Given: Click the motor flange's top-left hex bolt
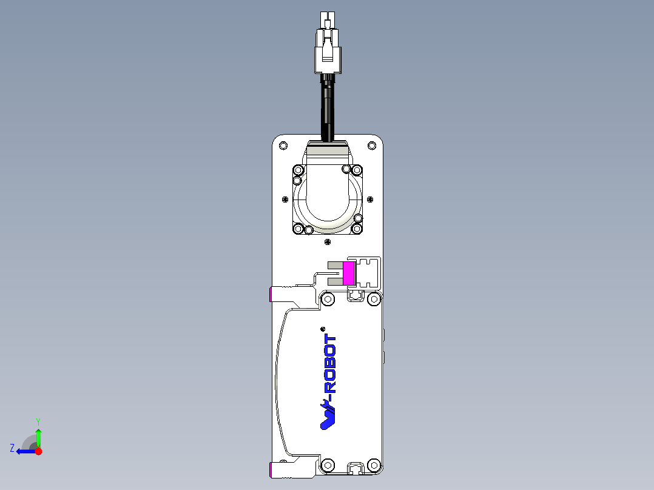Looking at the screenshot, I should point(298,170).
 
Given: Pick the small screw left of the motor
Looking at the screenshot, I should point(285,198).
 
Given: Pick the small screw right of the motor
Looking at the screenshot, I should point(370,198).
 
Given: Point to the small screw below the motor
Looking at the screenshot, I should point(328,242).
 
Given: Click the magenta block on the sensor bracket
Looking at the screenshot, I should point(349,273).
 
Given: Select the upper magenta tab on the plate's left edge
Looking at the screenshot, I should point(271,295).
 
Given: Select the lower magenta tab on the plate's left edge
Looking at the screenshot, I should point(271,469).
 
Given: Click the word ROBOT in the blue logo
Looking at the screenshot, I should point(331,363).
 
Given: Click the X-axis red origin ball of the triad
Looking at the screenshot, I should point(38,451).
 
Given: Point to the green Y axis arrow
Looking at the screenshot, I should point(38,435).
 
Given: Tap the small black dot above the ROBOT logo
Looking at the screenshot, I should point(322,328).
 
